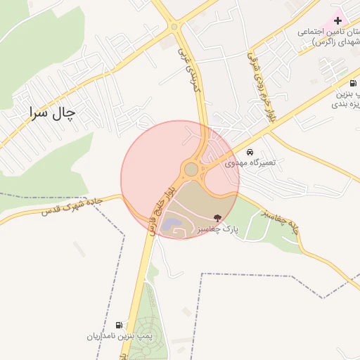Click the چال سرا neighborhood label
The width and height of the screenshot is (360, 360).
coord(52,112)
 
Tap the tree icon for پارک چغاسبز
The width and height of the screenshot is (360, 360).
coord(217,219)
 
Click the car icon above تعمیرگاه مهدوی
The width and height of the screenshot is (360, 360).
coord(250,152)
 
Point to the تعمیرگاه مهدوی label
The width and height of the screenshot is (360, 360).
coord(250,162)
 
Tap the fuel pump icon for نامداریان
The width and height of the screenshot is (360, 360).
coord(120,325)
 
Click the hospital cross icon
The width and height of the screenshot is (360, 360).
coord(338,21)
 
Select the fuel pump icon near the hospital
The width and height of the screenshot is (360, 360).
coord(352,83)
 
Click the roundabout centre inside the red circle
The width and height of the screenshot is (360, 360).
coord(191,169)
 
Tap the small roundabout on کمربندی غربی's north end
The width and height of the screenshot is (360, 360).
coord(174,27)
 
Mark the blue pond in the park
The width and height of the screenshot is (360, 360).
coord(172,226)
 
